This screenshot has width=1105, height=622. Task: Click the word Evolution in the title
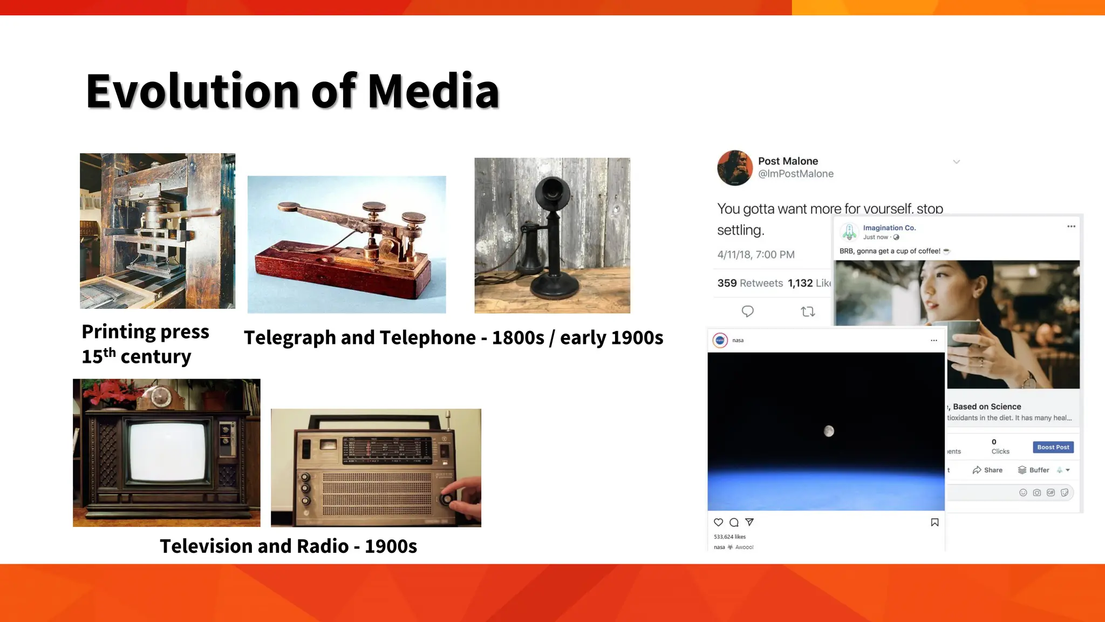tap(192, 91)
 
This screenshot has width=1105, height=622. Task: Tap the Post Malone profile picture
tap(734, 168)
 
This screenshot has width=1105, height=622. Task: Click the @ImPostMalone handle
tap(795, 174)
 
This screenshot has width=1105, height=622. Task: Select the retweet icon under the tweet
tap(808, 312)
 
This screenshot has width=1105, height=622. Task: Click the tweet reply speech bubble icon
tap(747, 312)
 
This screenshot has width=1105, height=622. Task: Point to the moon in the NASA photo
tap(829, 431)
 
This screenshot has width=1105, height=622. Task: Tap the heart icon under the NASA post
tap(718, 522)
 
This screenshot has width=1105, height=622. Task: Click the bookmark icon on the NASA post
tap(935, 522)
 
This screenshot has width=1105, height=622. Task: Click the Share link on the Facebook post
tap(988, 470)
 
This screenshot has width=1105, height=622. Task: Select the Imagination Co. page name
tap(889, 228)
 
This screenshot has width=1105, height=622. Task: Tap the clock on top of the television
tap(160, 397)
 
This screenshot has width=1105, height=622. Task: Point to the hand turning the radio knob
tap(466, 499)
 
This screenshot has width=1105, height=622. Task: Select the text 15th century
tap(136, 356)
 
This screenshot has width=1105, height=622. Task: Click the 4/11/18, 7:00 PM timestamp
tap(755, 255)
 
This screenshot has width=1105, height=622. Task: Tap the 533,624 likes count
tap(729, 537)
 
